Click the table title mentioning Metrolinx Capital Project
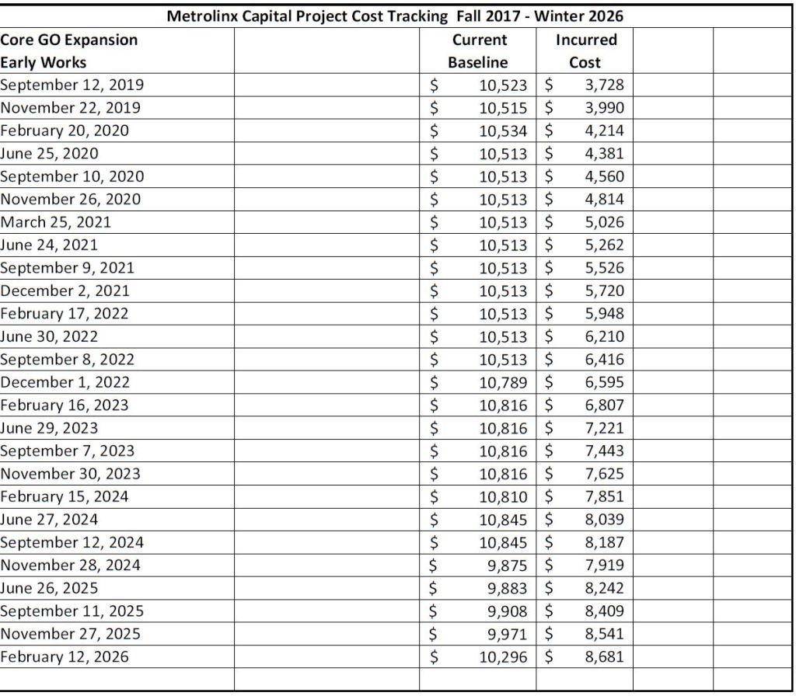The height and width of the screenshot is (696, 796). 396,16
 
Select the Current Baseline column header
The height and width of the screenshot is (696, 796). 478,50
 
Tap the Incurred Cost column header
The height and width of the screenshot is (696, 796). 586,50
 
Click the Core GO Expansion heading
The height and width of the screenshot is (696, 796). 69,40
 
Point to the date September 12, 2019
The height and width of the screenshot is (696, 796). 72,85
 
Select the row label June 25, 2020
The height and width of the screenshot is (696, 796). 50,153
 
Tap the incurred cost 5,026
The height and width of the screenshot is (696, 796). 604,222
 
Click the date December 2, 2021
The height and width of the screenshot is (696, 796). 65,291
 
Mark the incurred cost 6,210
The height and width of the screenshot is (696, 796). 604,336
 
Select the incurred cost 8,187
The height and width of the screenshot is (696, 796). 604,542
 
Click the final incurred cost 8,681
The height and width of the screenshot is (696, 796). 604,656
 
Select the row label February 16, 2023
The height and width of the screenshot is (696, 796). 65,405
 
